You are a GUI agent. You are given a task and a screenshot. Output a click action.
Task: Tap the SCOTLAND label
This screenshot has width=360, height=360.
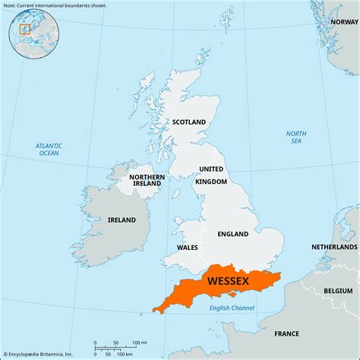189,122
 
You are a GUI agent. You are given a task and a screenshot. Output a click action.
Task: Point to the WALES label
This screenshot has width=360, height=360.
188,248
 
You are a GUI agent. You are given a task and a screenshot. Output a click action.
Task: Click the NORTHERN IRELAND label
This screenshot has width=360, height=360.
145,180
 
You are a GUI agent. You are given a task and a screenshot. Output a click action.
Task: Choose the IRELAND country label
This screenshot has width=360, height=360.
122,220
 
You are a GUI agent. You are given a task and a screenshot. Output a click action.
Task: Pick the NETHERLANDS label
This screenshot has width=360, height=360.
334,248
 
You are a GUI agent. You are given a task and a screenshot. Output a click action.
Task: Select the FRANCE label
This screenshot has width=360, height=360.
286,333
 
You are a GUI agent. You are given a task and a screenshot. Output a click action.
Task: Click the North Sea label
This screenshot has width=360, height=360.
296,137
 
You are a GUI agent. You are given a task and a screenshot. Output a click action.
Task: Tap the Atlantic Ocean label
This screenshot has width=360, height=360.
49,149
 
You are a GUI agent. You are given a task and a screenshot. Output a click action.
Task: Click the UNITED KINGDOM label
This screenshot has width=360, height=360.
212,175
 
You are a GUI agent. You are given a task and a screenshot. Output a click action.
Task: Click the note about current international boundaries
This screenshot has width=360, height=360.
55,5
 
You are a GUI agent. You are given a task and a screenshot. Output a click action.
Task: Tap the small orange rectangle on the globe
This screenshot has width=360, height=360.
24,30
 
